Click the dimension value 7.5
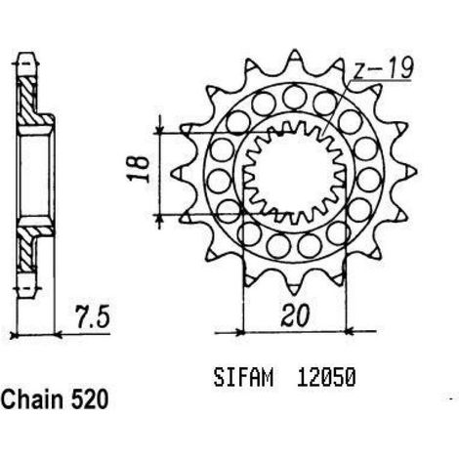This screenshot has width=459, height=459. (x=93, y=316)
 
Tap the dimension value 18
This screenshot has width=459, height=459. (x=138, y=169)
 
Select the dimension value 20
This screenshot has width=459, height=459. (x=295, y=315)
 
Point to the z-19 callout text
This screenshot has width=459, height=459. (x=384, y=68)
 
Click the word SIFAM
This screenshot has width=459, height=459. (x=243, y=378)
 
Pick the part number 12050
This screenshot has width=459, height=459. (x=326, y=378)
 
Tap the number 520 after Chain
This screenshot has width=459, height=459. (x=89, y=399)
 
